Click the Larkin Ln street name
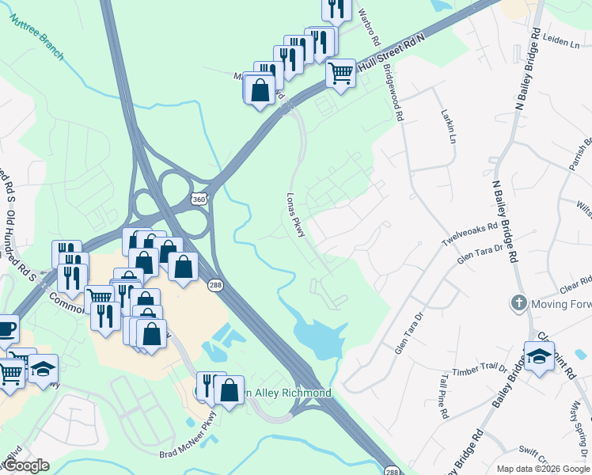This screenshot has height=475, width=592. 449,126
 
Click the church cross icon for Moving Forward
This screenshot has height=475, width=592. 518,303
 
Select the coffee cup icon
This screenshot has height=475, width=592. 5,328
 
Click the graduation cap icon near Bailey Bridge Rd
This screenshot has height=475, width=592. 539,355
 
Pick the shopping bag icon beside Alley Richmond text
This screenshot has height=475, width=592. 229,390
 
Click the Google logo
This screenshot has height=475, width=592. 25,465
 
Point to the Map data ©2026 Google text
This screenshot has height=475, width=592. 542,469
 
